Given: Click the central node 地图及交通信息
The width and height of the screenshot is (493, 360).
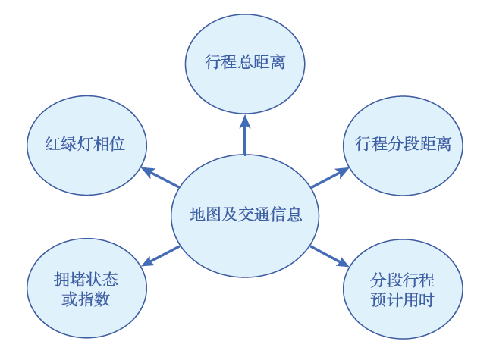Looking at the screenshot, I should point(245,214).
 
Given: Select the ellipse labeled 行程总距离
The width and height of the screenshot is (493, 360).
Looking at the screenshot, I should point(245,61).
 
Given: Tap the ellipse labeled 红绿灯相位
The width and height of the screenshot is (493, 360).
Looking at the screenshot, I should point(86,145).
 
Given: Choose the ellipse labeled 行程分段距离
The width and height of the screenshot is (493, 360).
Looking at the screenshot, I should point(404,144).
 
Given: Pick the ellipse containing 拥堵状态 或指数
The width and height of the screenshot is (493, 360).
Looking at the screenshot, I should point(86,289).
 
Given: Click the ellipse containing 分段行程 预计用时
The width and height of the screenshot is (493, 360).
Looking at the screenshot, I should point(403,289).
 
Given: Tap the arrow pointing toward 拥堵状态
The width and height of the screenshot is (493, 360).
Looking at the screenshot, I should point(161,255).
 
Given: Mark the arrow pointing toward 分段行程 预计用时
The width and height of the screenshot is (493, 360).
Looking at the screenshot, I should point(328,255).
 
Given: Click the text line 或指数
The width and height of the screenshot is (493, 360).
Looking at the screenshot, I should point(86,299).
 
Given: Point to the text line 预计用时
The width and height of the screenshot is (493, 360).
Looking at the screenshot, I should point(403,299).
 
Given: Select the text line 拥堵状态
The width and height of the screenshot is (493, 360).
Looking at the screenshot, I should point(86,279).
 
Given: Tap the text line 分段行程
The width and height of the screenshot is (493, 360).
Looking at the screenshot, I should point(403,279).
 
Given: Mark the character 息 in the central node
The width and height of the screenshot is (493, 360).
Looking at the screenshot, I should point(294,214).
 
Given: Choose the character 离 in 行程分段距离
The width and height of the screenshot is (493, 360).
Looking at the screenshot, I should point(443,144).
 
